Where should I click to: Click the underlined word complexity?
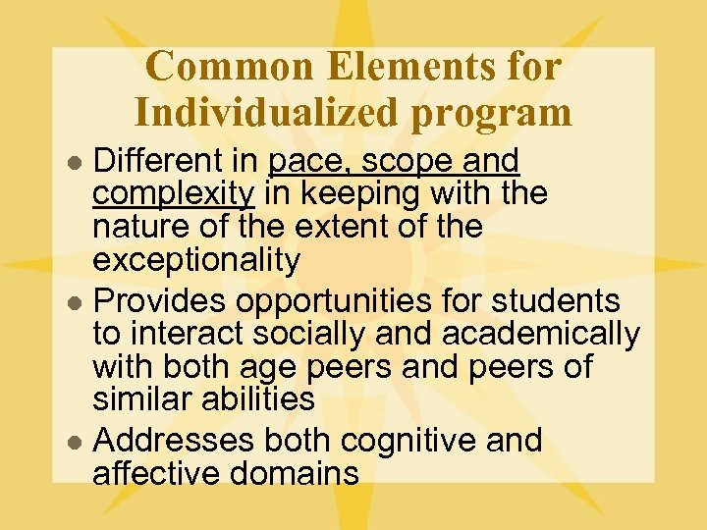(x=174, y=194)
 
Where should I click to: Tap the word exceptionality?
(x=196, y=260)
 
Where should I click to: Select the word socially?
(x=312, y=335)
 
